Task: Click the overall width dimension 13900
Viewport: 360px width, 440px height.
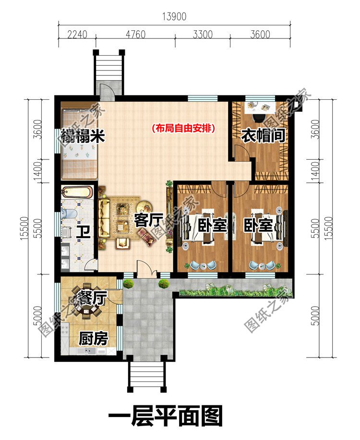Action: click(x=174, y=17)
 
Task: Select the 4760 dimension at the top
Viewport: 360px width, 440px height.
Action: click(x=136, y=35)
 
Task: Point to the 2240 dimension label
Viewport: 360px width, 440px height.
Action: click(x=77, y=35)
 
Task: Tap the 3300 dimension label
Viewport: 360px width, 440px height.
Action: click(x=203, y=35)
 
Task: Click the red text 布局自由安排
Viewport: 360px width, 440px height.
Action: click(x=184, y=129)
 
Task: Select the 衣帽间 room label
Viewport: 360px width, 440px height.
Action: click(x=264, y=135)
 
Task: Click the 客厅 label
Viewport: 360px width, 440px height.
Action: click(x=148, y=220)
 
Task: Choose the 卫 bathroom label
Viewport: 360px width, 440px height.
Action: click(x=84, y=232)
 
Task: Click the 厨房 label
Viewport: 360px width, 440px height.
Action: click(x=93, y=339)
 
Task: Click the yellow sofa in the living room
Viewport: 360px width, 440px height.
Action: click(x=104, y=218)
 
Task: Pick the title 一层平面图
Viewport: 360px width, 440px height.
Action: click(x=166, y=416)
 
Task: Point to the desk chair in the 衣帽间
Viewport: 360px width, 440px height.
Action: click(x=259, y=118)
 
